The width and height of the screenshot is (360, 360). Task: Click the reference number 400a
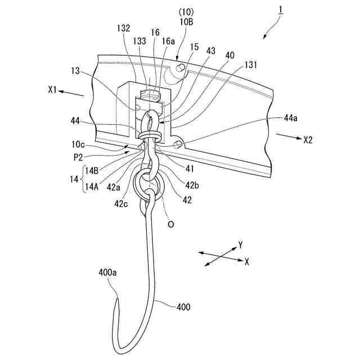click(x=107, y=273)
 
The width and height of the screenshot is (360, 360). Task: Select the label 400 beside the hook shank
click(x=183, y=307)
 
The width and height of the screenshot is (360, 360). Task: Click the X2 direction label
click(x=308, y=139)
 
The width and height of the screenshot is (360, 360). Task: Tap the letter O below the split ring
click(x=170, y=224)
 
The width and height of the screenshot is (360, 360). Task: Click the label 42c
click(x=120, y=205)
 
